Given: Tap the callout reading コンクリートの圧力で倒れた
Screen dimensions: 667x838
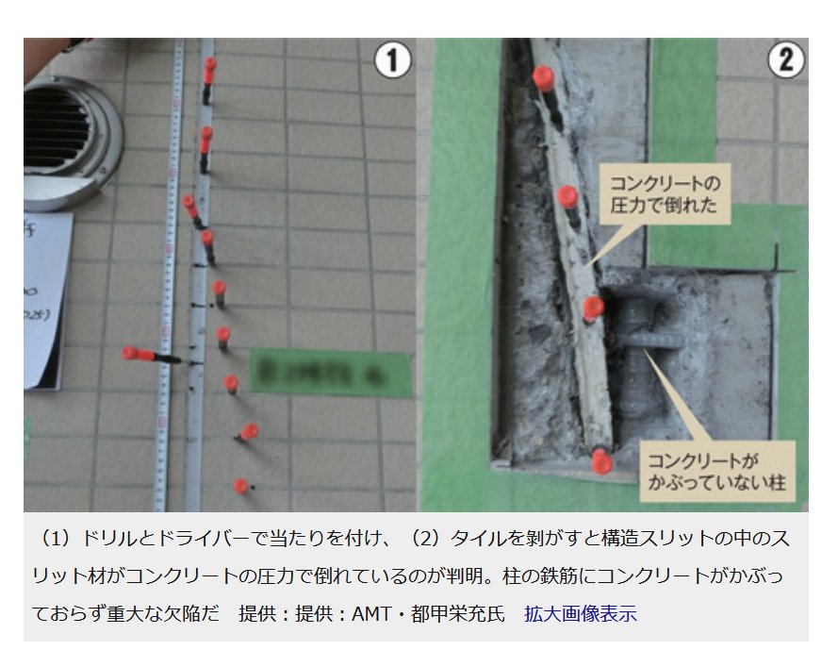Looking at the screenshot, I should [665, 192].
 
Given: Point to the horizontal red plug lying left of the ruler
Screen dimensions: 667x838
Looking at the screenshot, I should [141, 355].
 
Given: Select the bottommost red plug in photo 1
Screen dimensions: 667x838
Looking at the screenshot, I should [241, 487].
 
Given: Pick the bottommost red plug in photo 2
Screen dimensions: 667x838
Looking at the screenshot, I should [601, 461].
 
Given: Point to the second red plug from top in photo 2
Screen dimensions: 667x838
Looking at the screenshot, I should [567, 196].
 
